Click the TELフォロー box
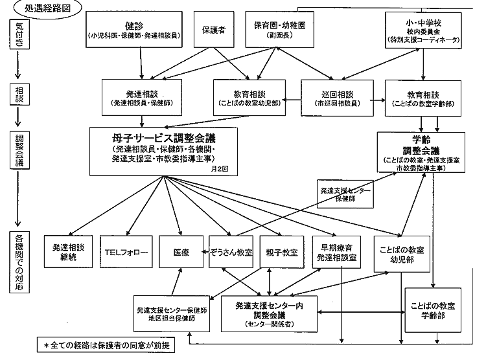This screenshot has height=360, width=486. [x=126, y=253]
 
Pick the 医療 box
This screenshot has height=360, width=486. [x=181, y=253]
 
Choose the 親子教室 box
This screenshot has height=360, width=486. [x=282, y=253]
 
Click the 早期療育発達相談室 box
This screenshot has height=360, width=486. [x=339, y=253]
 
